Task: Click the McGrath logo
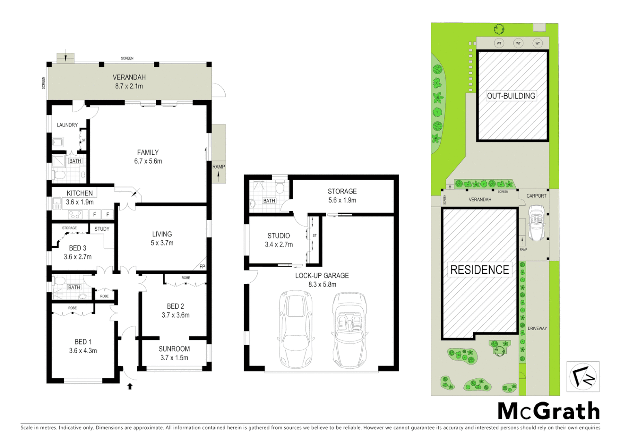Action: [548, 411]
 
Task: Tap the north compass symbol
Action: [583, 377]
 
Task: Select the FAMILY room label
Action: [148, 152]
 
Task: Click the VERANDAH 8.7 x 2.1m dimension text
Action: [129, 86]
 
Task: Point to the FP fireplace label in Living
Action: [202, 266]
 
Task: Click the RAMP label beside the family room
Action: [218, 167]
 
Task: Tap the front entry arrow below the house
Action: [130, 386]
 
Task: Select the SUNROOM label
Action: [174, 349]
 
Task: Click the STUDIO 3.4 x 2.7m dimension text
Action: [279, 245]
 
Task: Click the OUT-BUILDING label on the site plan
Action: [511, 96]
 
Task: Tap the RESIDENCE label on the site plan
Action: [480, 270]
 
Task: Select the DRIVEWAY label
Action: [537, 328]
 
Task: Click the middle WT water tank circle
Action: [518, 43]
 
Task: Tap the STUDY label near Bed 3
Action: [102, 229]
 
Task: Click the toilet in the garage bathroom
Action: [280, 188]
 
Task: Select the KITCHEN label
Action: [80, 193]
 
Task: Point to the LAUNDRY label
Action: [67, 125]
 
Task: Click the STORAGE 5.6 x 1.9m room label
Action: [342, 191]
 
